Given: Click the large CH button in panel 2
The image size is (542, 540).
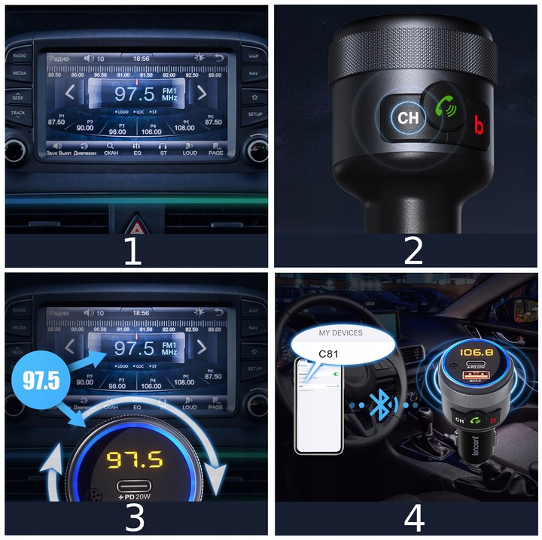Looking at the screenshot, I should (x=407, y=118).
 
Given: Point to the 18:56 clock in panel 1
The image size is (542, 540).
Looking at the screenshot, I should (x=141, y=58).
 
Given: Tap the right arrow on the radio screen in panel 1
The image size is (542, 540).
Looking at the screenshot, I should (x=202, y=93).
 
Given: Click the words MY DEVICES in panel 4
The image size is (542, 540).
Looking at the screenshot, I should (x=340, y=332).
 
